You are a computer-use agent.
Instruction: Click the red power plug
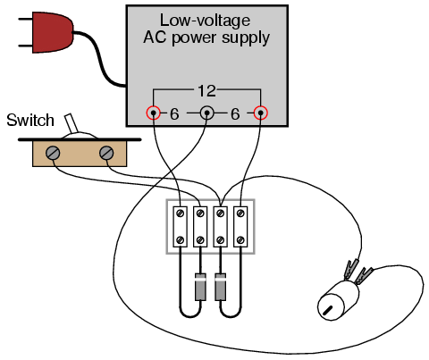53,32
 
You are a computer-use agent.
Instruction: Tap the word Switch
30,121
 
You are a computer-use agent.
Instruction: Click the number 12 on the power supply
206,91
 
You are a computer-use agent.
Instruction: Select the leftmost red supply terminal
154,113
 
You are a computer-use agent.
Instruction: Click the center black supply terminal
206,113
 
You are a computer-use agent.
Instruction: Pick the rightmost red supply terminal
261,113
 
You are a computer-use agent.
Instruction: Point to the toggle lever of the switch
71,123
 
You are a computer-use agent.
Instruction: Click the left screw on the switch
53,153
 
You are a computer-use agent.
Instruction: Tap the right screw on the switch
106,153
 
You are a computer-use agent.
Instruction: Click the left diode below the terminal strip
200,287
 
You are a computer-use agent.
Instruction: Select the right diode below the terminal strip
220,287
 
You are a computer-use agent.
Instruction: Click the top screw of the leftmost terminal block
181,213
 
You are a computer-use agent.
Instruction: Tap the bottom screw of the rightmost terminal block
240,239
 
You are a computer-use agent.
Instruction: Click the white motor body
338,301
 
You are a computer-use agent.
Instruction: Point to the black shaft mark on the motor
327,310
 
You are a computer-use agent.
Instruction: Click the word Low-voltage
205,21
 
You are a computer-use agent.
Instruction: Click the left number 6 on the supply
174,113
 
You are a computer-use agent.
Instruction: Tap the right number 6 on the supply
235,113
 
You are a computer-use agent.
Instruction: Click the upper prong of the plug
26,19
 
